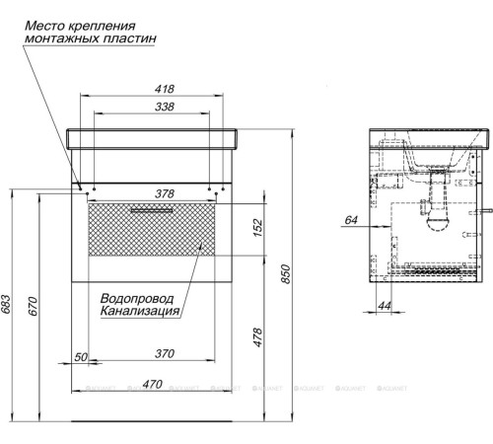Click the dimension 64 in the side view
coord(350,221)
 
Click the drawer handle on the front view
coord(151,210)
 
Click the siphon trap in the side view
coord(433,221)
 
